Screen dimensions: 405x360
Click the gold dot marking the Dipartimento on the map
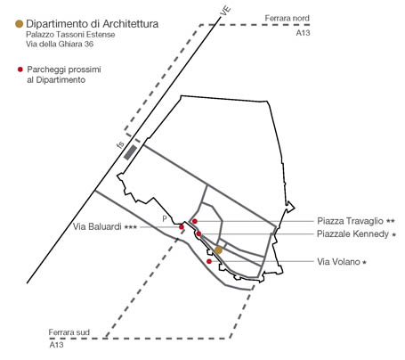[218, 250]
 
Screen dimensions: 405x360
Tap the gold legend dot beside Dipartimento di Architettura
[20, 24]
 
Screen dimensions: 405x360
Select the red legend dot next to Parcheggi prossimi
[20, 70]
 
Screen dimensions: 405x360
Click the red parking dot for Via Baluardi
[182, 227]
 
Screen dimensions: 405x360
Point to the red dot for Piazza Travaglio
[195, 221]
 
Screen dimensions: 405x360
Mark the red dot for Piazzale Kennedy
[198, 233]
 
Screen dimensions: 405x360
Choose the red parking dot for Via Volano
[209, 261]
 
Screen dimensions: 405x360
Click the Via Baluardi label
[97, 226]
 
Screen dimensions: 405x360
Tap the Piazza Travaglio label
[351, 221]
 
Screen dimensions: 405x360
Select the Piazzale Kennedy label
[352, 234]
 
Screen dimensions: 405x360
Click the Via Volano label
[338, 262]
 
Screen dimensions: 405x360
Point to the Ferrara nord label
[288, 18]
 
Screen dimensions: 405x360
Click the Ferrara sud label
[69, 332]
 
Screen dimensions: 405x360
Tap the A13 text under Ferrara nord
[303, 33]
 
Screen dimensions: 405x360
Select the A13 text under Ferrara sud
[56, 345]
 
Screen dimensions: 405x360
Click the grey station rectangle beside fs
[130, 152]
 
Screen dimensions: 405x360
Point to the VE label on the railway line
[225, 11]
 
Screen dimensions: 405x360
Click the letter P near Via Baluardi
[165, 219]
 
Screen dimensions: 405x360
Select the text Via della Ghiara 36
[60, 44]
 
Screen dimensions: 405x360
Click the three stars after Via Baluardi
[131, 227]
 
